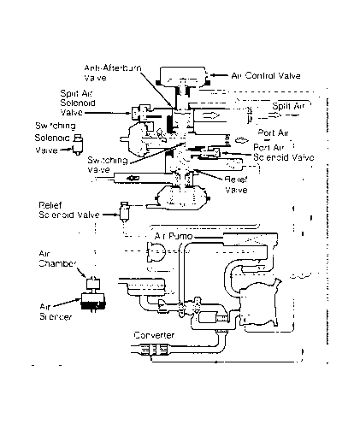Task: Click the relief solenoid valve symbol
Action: (127, 209)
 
